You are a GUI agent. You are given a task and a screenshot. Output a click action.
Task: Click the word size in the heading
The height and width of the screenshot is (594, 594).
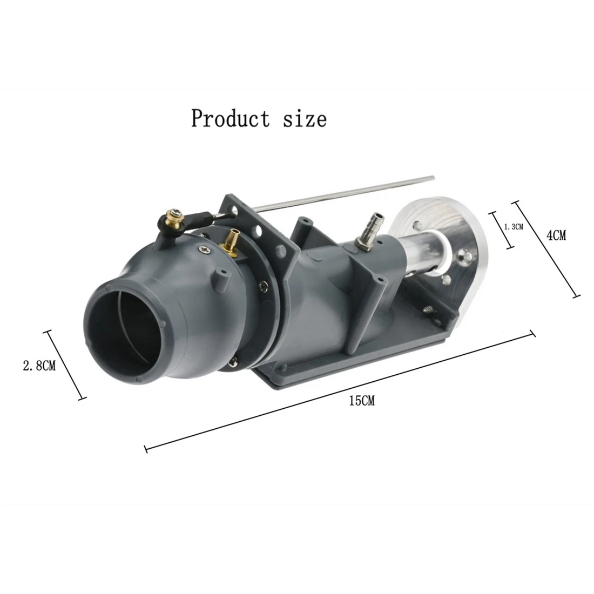point(305,118)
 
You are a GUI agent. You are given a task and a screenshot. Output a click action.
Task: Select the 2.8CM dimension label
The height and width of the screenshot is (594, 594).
point(38,366)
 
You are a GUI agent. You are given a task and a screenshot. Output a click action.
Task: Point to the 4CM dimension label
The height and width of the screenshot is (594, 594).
point(556,235)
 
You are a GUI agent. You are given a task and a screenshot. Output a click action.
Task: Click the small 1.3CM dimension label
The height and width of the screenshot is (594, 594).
point(514,227)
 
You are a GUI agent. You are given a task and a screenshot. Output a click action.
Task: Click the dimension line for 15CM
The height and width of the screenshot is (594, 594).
point(340,389)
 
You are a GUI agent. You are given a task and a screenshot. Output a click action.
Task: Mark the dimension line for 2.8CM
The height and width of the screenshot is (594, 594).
point(65,365)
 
